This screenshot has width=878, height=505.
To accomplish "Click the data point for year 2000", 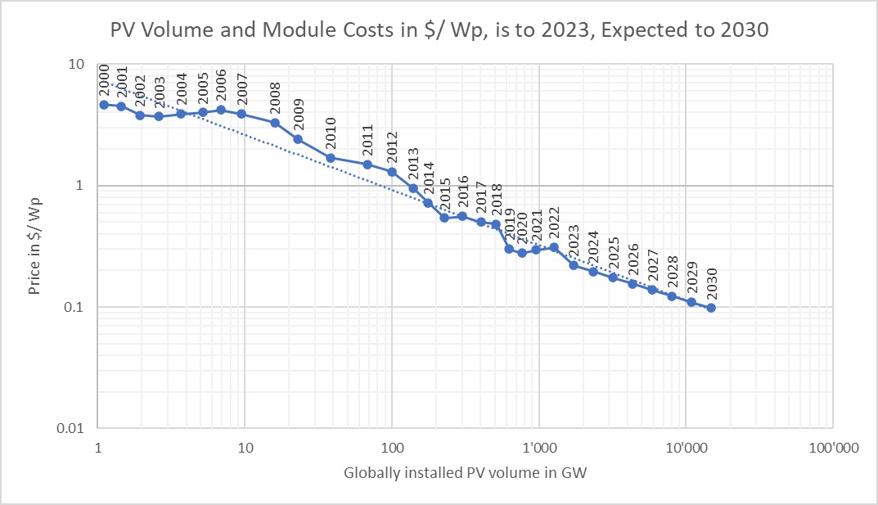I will pos(104,105).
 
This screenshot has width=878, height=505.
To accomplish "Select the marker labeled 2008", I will pos(275,123).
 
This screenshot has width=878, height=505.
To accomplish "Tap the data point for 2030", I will pos(711,308).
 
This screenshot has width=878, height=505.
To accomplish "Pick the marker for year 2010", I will pos(331,158).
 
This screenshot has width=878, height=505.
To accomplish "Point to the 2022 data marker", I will pos(554,247).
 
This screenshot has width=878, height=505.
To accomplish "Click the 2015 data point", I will pos(444,218).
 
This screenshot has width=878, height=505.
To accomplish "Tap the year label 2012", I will pos(392,147).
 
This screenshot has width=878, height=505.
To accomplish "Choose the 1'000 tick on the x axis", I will pos(538,449).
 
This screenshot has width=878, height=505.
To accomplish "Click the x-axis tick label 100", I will pos(391,449).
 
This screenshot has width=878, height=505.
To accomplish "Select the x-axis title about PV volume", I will pos(466,474).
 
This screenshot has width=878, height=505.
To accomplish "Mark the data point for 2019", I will pos(509,249).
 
